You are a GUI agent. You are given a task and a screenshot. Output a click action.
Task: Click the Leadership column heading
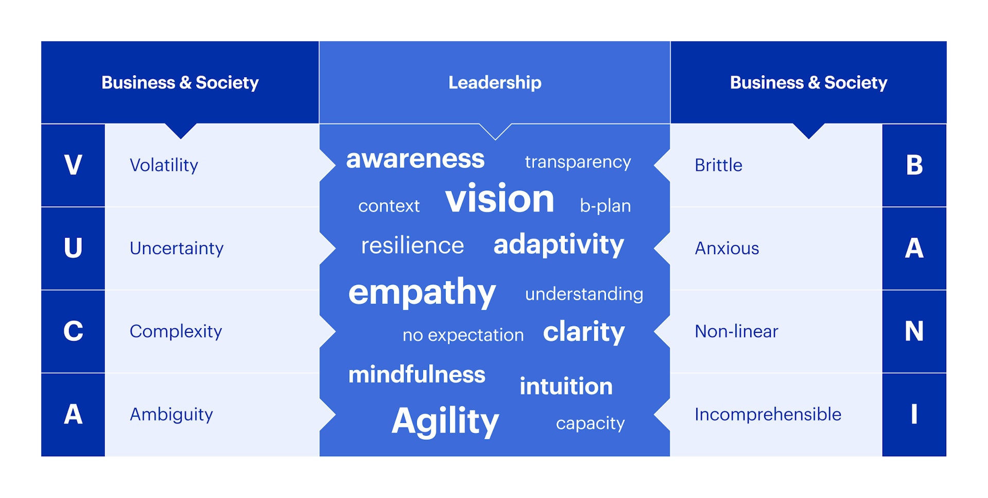495,82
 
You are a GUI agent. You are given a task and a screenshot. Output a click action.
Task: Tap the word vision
500,199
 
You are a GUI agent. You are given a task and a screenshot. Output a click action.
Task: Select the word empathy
422,292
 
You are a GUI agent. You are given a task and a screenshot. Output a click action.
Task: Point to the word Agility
445,421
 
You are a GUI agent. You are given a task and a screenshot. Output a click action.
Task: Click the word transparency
578,163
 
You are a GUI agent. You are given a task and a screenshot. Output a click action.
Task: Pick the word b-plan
605,206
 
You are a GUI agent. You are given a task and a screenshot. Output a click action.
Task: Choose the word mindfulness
417,374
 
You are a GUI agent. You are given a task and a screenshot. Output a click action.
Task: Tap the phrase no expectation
463,335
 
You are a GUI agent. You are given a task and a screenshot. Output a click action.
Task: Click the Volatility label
164,165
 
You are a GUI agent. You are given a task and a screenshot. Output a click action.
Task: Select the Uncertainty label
177,248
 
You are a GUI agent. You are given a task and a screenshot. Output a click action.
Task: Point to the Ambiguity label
171,415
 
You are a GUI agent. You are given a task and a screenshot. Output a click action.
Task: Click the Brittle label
718,165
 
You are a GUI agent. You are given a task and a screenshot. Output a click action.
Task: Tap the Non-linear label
736,331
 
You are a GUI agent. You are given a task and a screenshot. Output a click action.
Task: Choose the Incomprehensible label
768,415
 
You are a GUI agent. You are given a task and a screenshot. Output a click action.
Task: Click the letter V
73,165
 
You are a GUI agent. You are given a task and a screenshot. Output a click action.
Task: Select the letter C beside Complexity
73,331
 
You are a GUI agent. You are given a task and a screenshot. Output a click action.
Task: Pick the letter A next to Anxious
914,248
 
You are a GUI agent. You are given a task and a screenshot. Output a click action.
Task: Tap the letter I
914,414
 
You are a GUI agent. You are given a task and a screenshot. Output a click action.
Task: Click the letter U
73,248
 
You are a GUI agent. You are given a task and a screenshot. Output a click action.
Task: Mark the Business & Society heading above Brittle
808,82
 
